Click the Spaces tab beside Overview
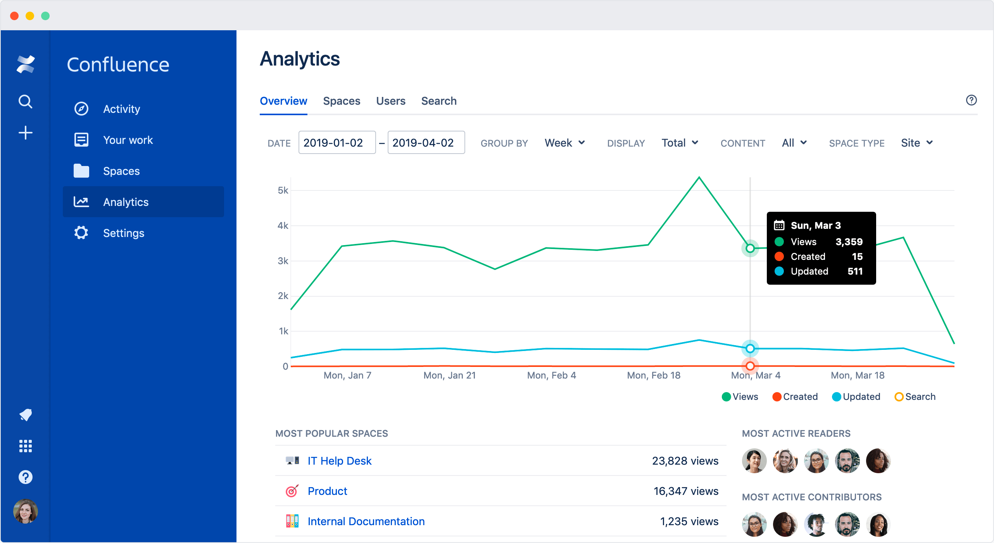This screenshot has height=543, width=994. point(342,101)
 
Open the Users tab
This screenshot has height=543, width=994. point(390,101)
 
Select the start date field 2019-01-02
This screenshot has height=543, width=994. point(337,143)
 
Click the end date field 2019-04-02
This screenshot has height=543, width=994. point(426,143)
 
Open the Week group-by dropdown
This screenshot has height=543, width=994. point(564,143)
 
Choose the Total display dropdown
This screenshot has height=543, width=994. point(680,143)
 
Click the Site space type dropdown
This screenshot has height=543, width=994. point(916,143)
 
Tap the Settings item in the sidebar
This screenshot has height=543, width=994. point(124,233)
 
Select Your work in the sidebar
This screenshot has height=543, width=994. point(128,140)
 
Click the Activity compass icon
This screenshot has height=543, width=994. point(81,109)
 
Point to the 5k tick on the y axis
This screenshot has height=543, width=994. point(283,190)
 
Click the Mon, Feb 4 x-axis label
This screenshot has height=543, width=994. point(551,375)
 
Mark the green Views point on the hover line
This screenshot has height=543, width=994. point(750,248)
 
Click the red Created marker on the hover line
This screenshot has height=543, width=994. point(750,366)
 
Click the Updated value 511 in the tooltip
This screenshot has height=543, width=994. point(855,271)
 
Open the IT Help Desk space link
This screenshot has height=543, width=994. point(339,461)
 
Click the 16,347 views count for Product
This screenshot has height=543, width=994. point(685,491)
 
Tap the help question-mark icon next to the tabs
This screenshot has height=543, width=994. point(971,100)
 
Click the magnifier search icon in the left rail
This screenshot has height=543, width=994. point(26,102)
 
